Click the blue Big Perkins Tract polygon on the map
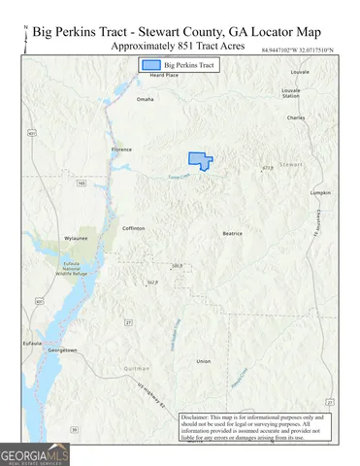pyautogui.click(x=199, y=159)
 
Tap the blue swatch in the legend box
pyautogui.click(x=149, y=65)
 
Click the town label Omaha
pyautogui.click(x=146, y=99)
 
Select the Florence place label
pyautogui.click(x=121, y=150)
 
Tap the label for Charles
pyautogui.click(x=296, y=117)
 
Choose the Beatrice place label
pyautogui.click(x=232, y=233)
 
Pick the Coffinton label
pyautogui.click(x=133, y=228)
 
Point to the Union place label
pyautogui.click(x=203, y=361)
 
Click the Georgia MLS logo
pyautogui.click(x=34, y=453)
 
